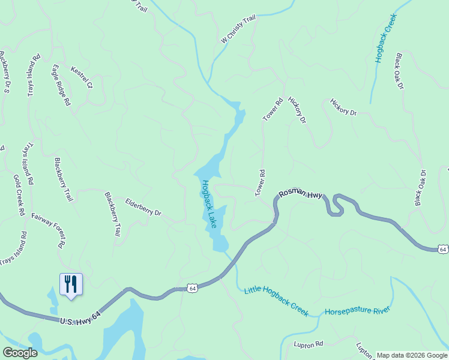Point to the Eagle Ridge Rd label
tap(61, 85)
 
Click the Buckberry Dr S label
tap(4, 72)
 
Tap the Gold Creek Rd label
tap(19, 195)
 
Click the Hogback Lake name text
tap(209, 204)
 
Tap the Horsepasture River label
tap(357, 311)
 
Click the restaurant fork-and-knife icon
tap(71, 284)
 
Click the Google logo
tap(20, 352)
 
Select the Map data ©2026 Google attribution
tap(412, 355)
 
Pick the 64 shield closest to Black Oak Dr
tap(442, 248)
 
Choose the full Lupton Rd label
tap(309, 344)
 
